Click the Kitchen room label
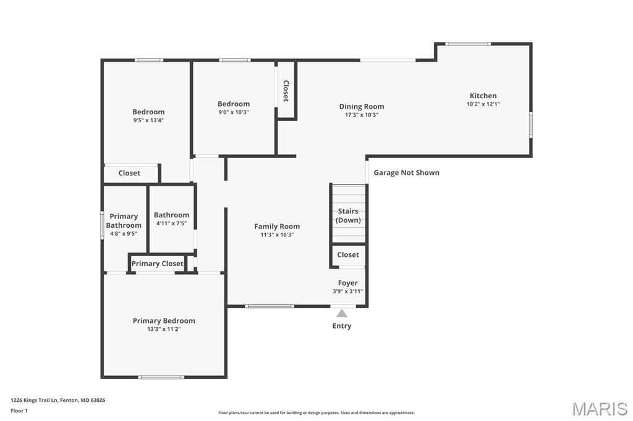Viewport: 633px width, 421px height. (x=483, y=96)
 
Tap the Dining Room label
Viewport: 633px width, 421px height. (x=361, y=106)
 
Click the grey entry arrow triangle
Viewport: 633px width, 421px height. (x=342, y=313)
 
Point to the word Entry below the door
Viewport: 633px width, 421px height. (x=342, y=326)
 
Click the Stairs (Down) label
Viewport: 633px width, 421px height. (x=348, y=215)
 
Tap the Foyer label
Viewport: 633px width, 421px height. (x=347, y=283)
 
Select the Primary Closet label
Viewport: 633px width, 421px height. (x=157, y=264)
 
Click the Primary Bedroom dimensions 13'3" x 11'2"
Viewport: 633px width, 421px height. (x=164, y=329)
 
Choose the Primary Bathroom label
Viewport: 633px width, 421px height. (x=124, y=220)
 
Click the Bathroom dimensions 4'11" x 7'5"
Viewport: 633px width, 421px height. (x=171, y=223)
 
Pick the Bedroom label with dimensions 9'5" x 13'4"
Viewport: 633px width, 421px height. (x=148, y=112)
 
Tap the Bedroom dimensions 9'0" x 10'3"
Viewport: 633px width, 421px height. (x=233, y=112)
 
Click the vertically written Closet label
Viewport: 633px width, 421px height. (x=286, y=91)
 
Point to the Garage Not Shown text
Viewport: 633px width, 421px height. (x=406, y=173)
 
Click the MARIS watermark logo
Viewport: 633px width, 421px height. (x=600, y=409)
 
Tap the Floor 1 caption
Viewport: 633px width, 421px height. (x=19, y=411)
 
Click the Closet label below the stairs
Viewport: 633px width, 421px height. (x=347, y=254)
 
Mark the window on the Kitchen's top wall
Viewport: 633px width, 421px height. (x=468, y=44)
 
